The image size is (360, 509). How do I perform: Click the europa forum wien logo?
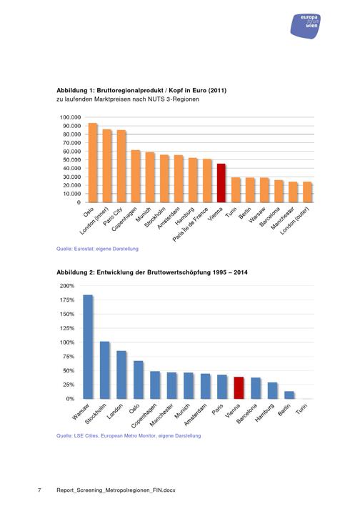coord(305,26)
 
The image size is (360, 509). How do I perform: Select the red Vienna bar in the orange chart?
coord(221,183)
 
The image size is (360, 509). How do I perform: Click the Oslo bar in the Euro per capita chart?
coord(93,162)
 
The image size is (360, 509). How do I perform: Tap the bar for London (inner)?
coord(107,166)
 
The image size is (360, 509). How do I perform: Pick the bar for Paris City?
coord(121,166)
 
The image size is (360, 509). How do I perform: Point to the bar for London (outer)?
coord(307,192)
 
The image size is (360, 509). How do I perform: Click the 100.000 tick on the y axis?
coord(70,117)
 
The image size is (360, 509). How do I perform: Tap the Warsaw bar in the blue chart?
coord(88,347)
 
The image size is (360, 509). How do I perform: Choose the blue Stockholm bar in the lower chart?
coord(105,370)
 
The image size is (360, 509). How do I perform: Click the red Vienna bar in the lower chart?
coord(239,388)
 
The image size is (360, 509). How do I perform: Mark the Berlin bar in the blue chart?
coord(289,395)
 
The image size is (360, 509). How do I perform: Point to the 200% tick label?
coord(67,286)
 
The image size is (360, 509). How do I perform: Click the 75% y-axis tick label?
coord(69,357)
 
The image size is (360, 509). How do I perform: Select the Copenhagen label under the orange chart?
coord(124,219)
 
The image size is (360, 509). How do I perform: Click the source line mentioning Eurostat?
coord(97,249)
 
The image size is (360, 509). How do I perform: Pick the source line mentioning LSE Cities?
coord(129,435)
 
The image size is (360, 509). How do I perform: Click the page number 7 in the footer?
coord(39,490)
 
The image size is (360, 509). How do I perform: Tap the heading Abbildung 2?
coord(151,272)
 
